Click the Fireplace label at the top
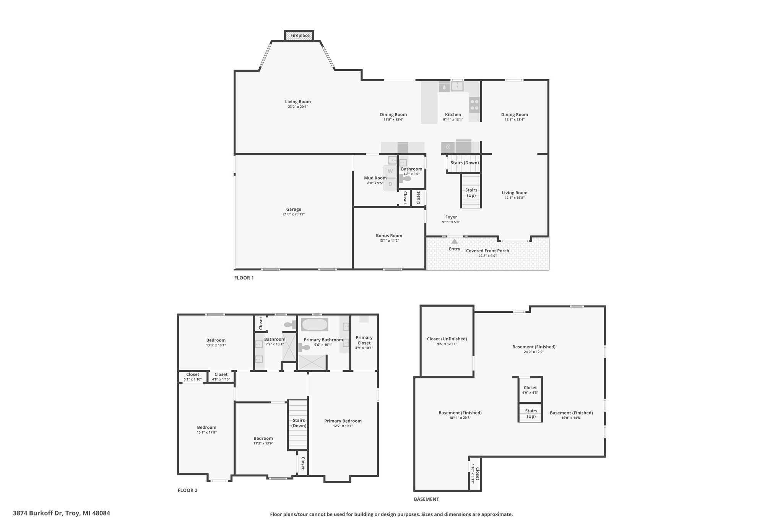point(300,36)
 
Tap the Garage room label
point(294,209)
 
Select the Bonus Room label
point(389,236)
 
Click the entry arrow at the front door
point(454,241)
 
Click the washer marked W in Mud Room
point(390,171)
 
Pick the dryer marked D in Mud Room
point(390,184)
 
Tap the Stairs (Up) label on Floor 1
point(471,193)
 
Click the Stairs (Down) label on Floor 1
point(465,163)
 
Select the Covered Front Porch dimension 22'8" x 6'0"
point(487,256)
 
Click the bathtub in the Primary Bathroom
point(315,325)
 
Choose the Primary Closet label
point(364,340)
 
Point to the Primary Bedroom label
point(343,421)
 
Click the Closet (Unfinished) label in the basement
point(447,339)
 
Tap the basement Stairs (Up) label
point(531,413)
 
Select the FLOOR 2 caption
point(187,490)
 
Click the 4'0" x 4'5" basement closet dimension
point(530,392)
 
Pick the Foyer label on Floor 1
point(451,217)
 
